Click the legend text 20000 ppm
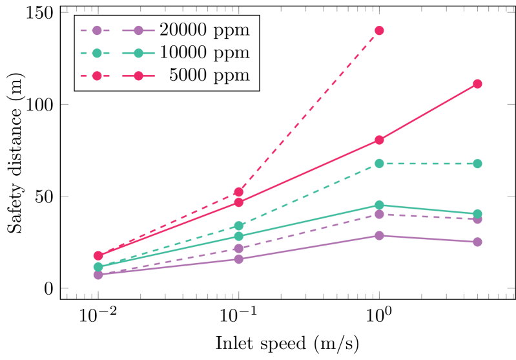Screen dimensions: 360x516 [x=204, y=30]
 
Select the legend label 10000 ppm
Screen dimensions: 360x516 [x=204, y=53]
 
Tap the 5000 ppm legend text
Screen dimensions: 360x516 [x=209, y=76]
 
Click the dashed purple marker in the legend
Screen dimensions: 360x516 [x=97, y=30]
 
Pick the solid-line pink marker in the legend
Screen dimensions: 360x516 [x=138, y=76]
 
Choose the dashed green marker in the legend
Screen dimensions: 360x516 [x=97, y=53]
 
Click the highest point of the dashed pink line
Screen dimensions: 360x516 [x=379, y=30]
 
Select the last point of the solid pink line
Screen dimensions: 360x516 [x=477, y=84]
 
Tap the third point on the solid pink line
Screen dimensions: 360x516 [x=379, y=140]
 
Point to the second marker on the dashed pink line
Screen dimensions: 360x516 [x=238, y=192]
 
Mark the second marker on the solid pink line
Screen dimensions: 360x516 [x=238, y=202]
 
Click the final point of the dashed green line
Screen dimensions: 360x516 [x=477, y=164]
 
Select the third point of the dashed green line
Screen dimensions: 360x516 [x=379, y=164]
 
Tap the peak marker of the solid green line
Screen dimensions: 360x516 [x=379, y=205]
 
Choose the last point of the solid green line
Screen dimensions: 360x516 [x=477, y=213]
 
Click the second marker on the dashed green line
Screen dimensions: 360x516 [x=238, y=226]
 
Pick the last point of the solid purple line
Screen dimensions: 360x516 [x=477, y=242]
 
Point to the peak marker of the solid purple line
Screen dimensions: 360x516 [x=379, y=235]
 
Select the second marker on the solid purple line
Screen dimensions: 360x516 [x=238, y=259]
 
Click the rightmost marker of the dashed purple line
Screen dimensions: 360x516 [x=477, y=219]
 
